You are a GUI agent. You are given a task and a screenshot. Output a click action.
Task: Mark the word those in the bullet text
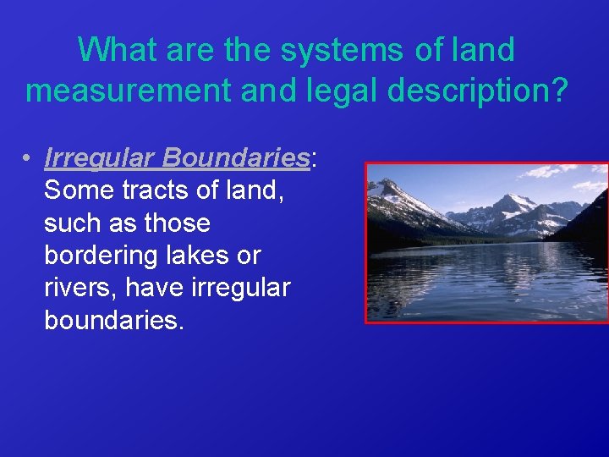[x=178, y=223]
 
